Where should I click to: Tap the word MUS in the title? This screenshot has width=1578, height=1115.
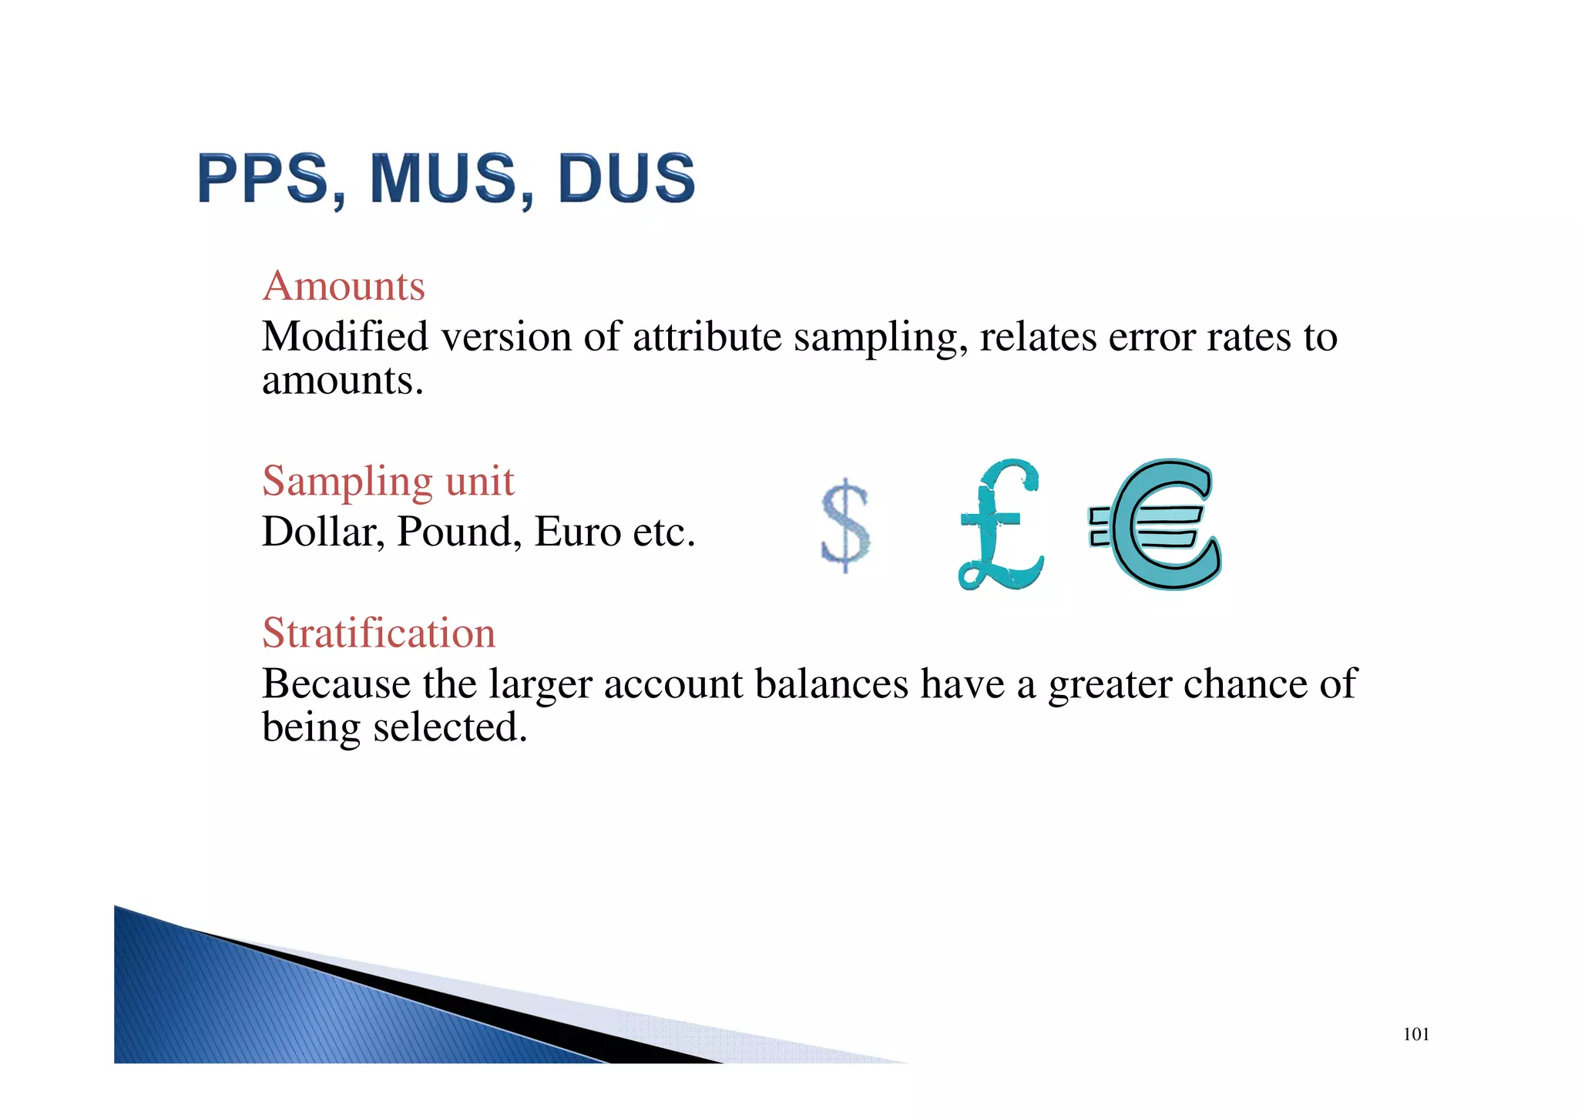click(443, 179)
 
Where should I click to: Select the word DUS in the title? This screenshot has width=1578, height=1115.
click(626, 179)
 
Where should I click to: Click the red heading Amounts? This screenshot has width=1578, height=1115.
click(344, 287)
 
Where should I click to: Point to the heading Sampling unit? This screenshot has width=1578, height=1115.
click(388, 482)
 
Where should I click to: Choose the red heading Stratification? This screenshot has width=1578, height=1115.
click(378, 633)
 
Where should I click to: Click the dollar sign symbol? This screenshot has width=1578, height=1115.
click(845, 526)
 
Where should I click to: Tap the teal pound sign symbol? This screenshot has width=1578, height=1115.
click(1000, 526)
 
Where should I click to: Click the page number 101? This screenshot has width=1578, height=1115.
click(1415, 1035)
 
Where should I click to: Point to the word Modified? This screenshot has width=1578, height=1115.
click(345, 337)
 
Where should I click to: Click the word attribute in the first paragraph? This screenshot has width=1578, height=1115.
click(707, 338)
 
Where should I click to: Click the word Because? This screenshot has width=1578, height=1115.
click(336, 684)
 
